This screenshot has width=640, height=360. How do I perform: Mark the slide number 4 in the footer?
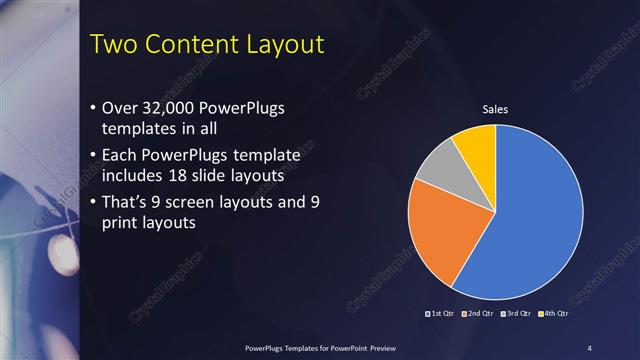click(x=590, y=347)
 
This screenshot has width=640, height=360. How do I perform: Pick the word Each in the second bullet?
click(x=121, y=156)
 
